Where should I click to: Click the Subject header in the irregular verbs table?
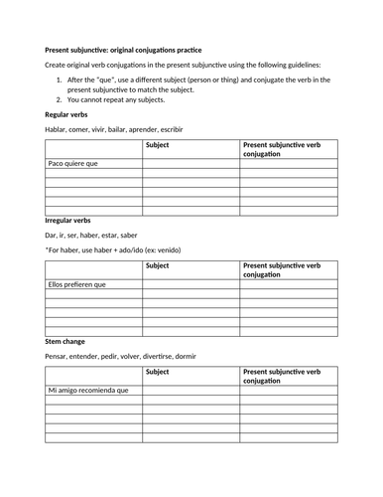pyautogui.click(x=157, y=265)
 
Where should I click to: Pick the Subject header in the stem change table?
pyautogui.click(x=157, y=372)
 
